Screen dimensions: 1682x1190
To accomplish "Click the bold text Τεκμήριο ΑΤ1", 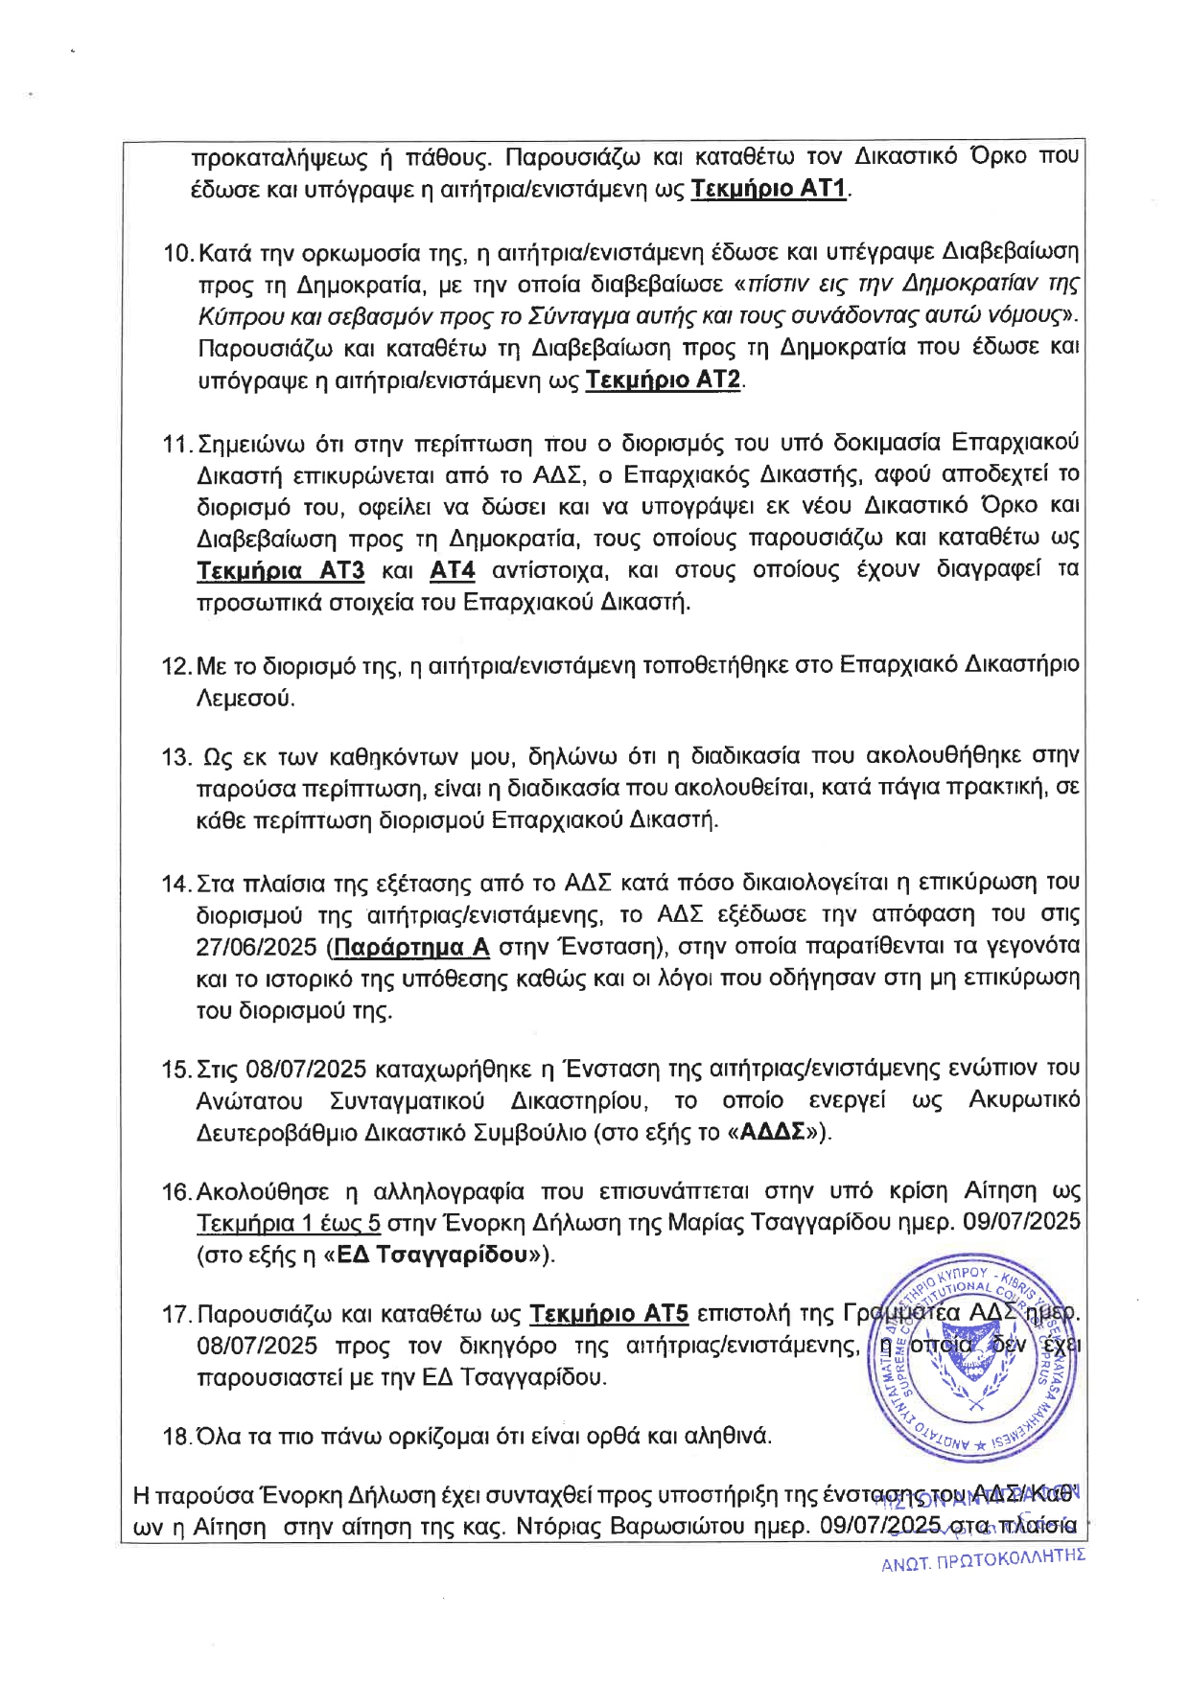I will pyautogui.click(x=769, y=189).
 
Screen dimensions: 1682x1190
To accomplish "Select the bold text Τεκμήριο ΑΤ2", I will pyautogui.click(x=664, y=380).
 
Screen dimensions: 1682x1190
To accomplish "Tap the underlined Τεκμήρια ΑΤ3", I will pyautogui.click(x=280, y=571).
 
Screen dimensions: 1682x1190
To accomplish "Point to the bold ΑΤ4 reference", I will pyautogui.click(x=453, y=571).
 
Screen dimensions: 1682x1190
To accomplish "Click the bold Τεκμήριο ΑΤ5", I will pyautogui.click(x=609, y=1313).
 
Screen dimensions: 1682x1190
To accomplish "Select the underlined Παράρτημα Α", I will pyautogui.click(x=414, y=947).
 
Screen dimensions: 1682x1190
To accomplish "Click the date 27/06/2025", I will pyautogui.click(x=256, y=947).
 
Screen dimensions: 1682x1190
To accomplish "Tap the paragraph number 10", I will pyautogui.click(x=178, y=253).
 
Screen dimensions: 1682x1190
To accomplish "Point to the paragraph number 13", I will pyautogui.click(x=177, y=757).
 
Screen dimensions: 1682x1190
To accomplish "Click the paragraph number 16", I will pyautogui.click(x=177, y=1191).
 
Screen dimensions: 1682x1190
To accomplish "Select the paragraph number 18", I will pyautogui.click(x=177, y=1437).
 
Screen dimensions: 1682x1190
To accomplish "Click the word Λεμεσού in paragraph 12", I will pyautogui.click(x=245, y=698).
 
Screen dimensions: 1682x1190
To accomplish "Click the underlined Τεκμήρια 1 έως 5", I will pyautogui.click(x=289, y=1223).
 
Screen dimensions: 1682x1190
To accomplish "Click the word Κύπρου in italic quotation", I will pyautogui.click(x=230, y=315).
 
